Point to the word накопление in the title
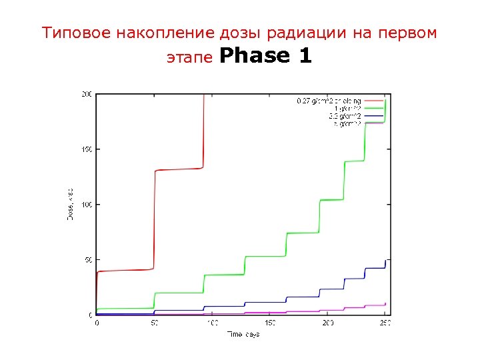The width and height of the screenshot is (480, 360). [x=150, y=33]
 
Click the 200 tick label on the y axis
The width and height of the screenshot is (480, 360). [x=87, y=94]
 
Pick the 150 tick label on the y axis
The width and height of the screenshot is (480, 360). [x=87, y=149]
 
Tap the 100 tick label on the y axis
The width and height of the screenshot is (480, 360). [x=87, y=204]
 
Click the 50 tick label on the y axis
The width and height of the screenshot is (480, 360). [x=89, y=259]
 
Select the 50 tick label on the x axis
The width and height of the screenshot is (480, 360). [x=155, y=323]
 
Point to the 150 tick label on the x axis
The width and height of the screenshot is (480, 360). [x=270, y=323]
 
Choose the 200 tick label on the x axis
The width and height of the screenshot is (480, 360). [x=328, y=323]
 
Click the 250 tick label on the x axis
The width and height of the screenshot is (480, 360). [x=385, y=323]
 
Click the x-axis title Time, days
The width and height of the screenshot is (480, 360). [x=243, y=333]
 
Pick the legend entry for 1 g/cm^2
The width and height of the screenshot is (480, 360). [x=347, y=109]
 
